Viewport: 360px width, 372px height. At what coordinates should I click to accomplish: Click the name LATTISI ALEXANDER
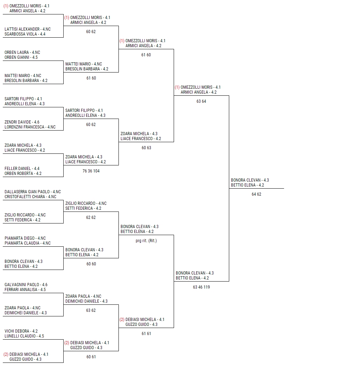coord(22,29)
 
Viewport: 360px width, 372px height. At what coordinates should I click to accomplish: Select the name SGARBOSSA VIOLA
coord(21,34)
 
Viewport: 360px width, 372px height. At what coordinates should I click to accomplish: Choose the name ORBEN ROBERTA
coord(19,174)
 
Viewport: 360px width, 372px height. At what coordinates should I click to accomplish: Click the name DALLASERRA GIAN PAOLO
coord(27,192)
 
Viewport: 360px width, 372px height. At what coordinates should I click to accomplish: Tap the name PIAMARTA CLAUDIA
coord(22,244)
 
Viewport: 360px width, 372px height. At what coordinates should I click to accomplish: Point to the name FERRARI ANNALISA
coord(21,290)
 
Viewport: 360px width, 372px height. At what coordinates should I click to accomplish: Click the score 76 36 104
coord(91,171)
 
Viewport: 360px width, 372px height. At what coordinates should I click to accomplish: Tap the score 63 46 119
coord(201,287)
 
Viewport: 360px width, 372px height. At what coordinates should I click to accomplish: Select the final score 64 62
coord(256,194)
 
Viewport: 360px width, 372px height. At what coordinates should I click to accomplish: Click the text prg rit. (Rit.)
coord(146,241)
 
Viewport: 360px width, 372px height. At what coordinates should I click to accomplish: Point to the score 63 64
coord(201,102)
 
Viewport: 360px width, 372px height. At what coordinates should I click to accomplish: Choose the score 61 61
coord(146,334)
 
